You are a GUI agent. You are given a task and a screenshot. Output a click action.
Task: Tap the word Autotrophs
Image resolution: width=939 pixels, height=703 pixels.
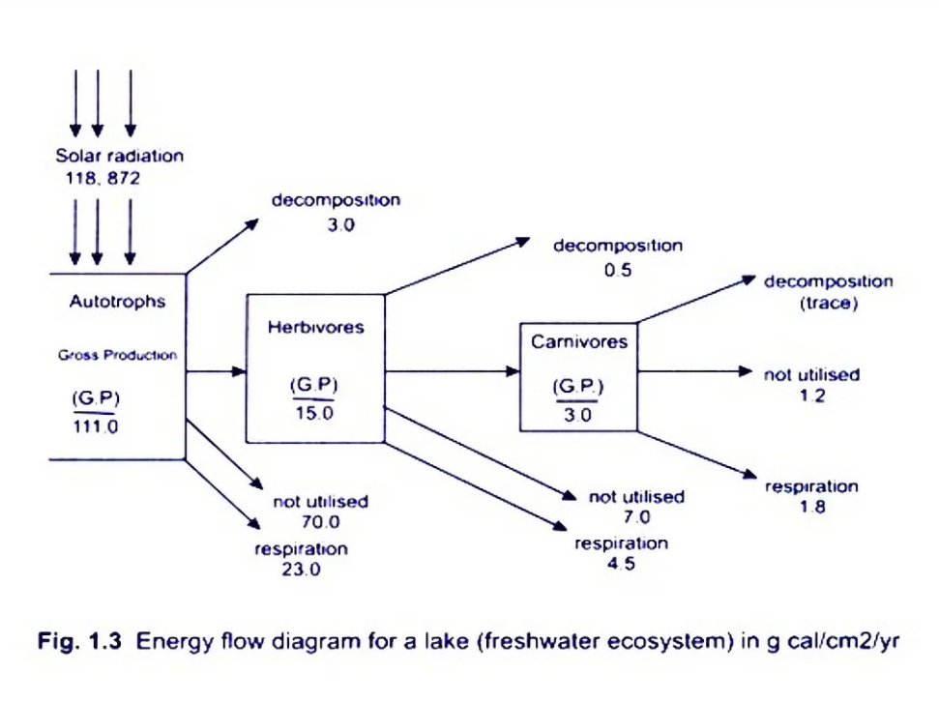coord(117,302)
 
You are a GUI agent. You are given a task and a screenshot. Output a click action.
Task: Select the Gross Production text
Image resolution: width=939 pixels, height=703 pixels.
coord(117,355)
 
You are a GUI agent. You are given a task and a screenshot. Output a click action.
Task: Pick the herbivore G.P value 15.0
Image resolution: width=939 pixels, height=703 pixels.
coord(313,413)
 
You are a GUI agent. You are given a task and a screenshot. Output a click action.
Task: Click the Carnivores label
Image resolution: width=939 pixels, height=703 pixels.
coord(578,341)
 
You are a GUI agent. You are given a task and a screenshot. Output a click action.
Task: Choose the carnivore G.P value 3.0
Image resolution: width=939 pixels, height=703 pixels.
coord(578,415)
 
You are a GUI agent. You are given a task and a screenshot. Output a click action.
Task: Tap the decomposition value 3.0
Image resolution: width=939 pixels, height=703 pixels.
coord(335,224)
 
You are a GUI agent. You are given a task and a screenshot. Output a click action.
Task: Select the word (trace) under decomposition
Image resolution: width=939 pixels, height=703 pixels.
coord(829,303)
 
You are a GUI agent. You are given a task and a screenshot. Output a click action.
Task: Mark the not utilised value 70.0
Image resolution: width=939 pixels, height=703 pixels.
coord(320,523)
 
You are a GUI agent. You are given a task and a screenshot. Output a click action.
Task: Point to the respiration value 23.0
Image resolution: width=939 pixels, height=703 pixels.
coord(301,570)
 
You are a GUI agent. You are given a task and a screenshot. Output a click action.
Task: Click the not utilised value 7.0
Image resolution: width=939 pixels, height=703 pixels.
coord(635,518)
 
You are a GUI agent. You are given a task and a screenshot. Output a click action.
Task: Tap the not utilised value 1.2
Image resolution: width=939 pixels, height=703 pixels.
coord(811,395)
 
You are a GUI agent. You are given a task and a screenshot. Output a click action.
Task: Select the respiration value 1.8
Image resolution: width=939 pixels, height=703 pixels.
coord(812,508)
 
